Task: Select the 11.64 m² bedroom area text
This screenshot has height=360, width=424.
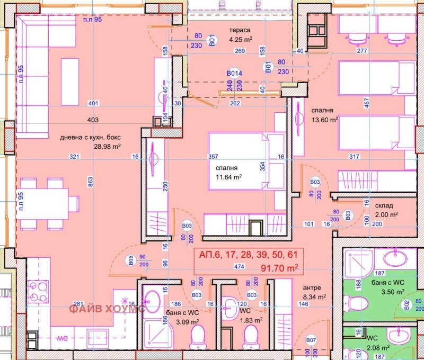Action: (x=228, y=177)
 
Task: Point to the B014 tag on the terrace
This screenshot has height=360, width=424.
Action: (x=234, y=74)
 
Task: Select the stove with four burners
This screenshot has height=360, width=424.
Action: (x=38, y=291)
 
